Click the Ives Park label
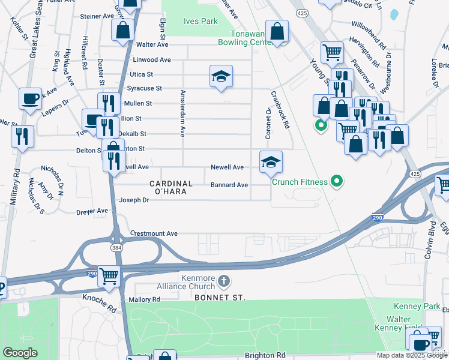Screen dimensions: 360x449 (200, 21)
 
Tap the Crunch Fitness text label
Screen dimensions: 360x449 (300, 182)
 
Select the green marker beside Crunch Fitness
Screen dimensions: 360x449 (337, 181)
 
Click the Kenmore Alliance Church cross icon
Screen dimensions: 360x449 (223, 281)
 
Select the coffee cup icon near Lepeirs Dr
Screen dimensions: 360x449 (30, 98)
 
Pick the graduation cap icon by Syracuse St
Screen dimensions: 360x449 (221, 76)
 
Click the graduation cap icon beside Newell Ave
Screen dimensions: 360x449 (271, 161)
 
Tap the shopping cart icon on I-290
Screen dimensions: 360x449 (109, 276)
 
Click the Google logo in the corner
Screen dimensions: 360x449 (20, 353)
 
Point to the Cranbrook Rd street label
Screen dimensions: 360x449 (280, 109)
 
